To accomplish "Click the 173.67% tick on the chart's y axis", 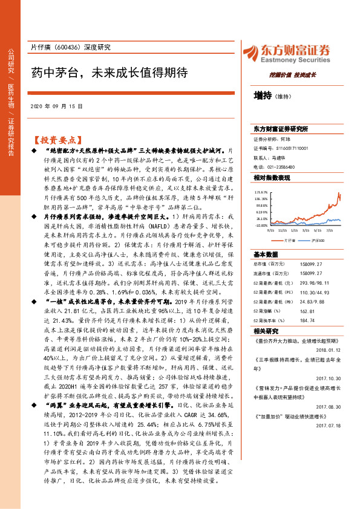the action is (x=261, y=191).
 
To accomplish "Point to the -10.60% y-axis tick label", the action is (x=261, y=225).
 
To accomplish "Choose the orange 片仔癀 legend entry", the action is (x=289, y=239).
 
